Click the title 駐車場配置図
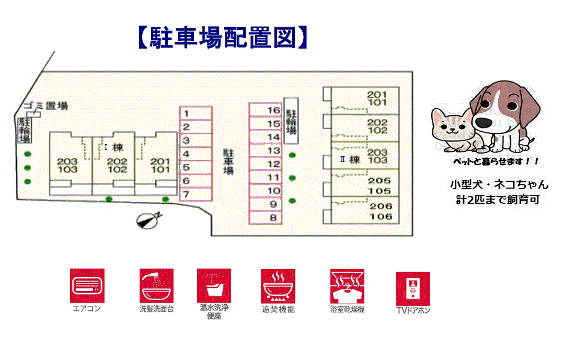[222, 38]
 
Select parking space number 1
[196, 113]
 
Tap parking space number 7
[196, 194]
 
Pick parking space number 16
[265, 110]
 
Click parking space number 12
[265, 164]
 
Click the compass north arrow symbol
[148, 220]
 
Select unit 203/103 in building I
[67, 165]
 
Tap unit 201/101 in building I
[160, 165]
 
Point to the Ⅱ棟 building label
[351, 160]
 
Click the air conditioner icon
[87, 285]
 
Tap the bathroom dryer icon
[347, 286]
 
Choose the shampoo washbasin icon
[156, 285]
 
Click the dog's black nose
[483, 121]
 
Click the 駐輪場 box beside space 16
[291, 121]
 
